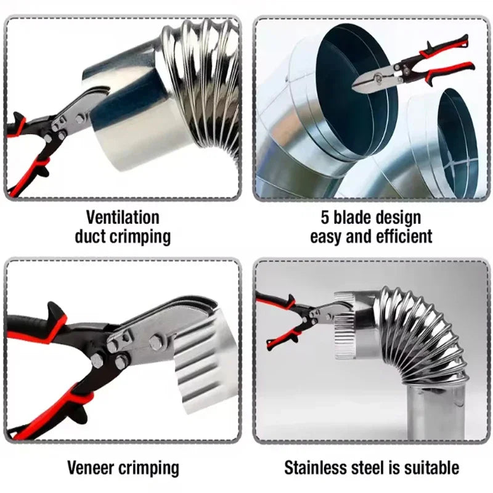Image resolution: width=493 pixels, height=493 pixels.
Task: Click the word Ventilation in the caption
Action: click(123, 217)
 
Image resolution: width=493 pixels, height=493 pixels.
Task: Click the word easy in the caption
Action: click(327, 236)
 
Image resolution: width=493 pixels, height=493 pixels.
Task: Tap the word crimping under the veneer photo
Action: click(151, 467)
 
